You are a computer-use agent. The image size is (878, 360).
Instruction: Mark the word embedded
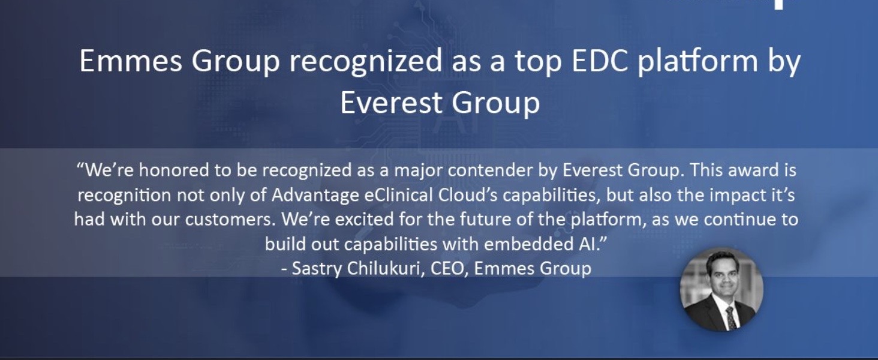pos(519,244)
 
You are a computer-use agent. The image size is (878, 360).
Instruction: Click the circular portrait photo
pos(721,289)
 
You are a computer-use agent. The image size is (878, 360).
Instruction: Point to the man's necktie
pos(730,316)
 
